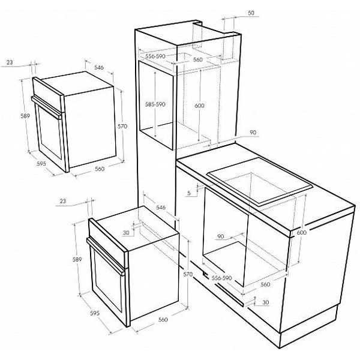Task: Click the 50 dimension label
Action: coord(251,13)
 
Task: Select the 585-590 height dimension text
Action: coord(155,104)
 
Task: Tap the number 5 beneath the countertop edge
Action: coord(189,193)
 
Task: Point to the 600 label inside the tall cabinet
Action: coord(199,106)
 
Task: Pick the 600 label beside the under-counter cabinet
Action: coord(301,233)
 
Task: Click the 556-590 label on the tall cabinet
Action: coord(155,56)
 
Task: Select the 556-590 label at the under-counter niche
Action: coord(222,278)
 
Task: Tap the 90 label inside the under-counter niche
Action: coord(220,236)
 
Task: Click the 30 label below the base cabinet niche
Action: coord(265,302)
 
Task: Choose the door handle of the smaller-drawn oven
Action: coord(46,107)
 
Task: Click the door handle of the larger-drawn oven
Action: coord(106,256)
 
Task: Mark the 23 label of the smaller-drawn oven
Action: coord(10,62)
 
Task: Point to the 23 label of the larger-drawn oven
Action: coord(62,201)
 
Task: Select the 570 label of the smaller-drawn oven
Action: coord(122,126)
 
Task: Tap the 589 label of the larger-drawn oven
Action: coord(77,259)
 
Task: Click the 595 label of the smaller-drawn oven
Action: coord(41,163)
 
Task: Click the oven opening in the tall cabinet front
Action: coord(155,105)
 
